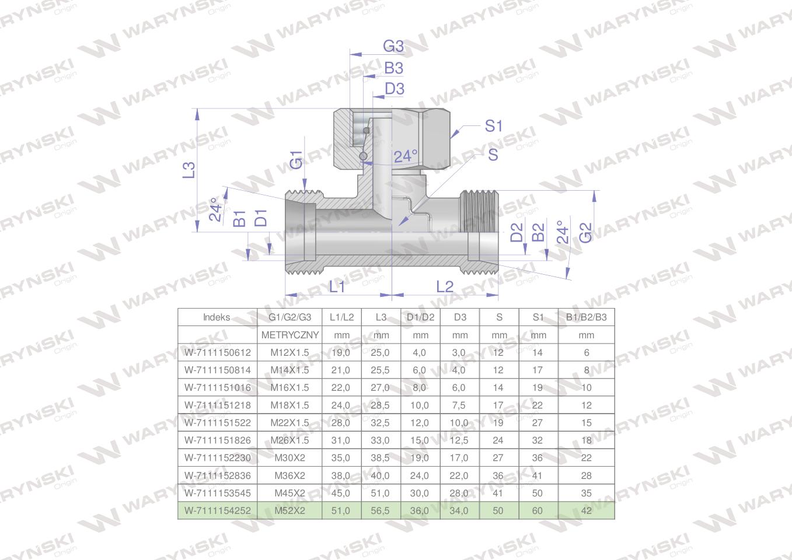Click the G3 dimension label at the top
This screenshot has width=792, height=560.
(x=393, y=46)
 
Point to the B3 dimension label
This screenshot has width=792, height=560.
(x=393, y=68)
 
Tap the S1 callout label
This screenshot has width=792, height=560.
(x=493, y=126)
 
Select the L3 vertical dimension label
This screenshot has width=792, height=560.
(x=189, y=170)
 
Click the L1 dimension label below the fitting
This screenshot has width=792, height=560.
(x=337, y=286)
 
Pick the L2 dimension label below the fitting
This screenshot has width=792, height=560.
(x=444, y=286)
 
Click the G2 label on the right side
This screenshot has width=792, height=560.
(x=585, y=233)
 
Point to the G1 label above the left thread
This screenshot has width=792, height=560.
(x=296, y=160)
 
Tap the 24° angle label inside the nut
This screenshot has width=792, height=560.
(x=406, y=156)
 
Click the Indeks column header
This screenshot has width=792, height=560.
(x=217, y=317)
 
